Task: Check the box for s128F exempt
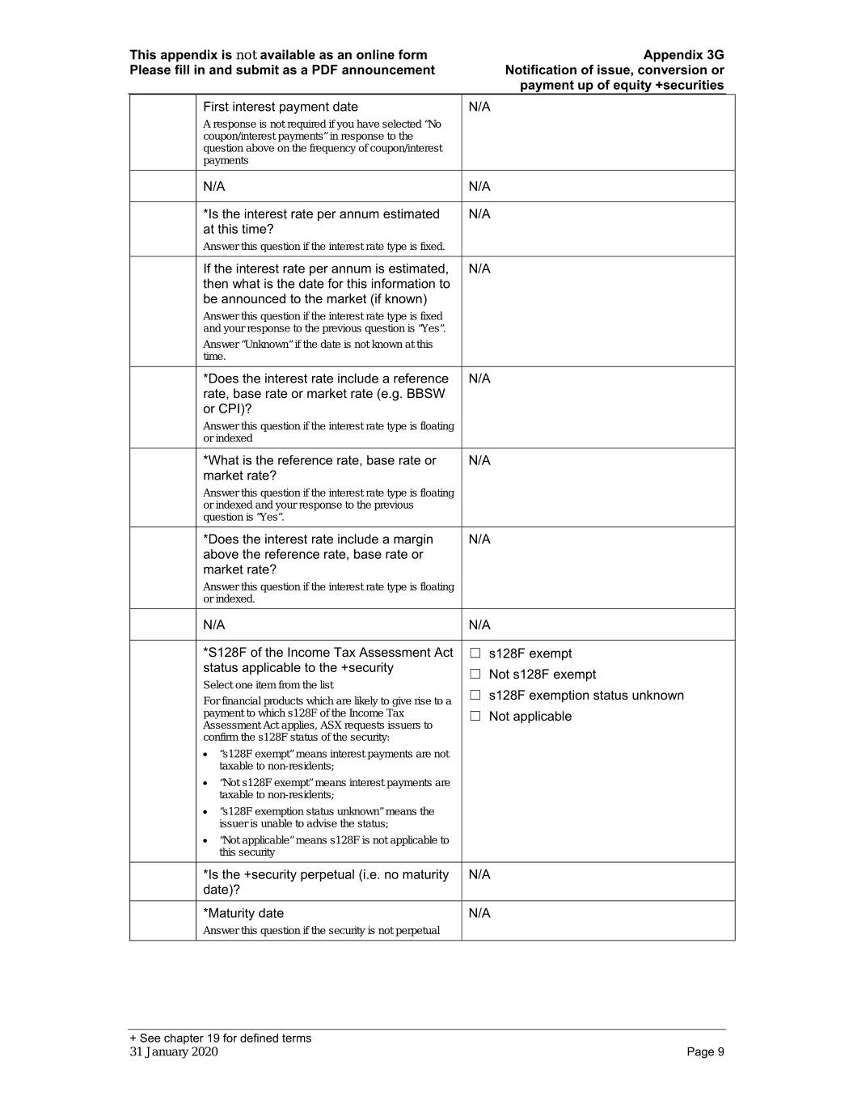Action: (475, 654)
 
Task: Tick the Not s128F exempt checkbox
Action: (475, 675)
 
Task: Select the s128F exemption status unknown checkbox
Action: (475, 696)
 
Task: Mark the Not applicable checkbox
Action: (475, 717)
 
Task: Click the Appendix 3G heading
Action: (683, 55)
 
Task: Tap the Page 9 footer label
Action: (705, 1051)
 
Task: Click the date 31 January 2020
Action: (174, 1051)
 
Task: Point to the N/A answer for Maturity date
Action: (479, 913)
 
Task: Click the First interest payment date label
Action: (280, 107)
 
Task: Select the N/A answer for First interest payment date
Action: (479, 107)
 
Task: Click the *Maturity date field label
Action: (243, 913)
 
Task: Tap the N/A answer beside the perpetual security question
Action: (479, 874)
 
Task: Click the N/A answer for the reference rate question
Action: (479, 460)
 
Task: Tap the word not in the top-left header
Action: (247, 55)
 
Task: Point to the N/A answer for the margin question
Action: (479, 539)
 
